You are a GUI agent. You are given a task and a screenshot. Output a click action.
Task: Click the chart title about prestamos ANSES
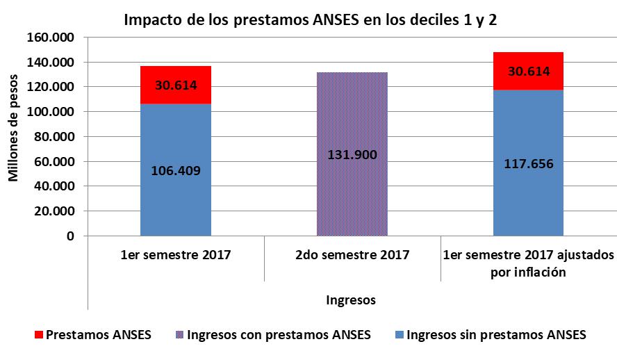(x=311, y=19)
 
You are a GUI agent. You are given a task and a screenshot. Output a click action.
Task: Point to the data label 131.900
(x=352, y=154)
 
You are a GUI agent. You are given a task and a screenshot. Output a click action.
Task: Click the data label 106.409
(x=176, y=170)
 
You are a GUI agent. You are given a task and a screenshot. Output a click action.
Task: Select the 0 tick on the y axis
(x=70, y=236)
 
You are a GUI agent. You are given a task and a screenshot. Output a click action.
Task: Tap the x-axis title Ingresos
(x=352, y=300)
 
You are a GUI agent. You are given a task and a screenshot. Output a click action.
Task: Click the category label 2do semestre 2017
(x=352, y=255)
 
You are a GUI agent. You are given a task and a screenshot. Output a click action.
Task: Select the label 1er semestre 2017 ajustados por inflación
(x=528, y=263)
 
